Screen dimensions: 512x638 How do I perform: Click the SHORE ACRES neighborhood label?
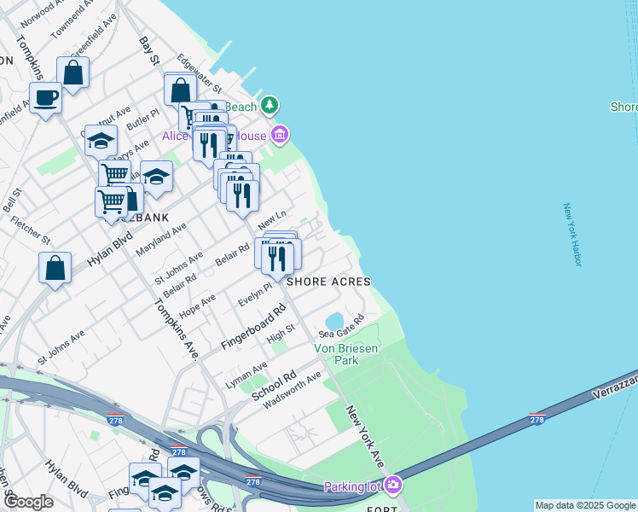[x=328, y=282]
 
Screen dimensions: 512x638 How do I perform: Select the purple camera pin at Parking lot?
[x=392, y=486]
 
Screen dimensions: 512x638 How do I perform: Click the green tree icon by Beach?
[x=270, y=105]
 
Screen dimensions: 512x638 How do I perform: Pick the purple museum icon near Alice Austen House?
[x=280, y=135]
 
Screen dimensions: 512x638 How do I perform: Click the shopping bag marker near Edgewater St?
[x=181, y=89]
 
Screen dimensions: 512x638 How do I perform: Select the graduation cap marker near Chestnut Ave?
[x=101, y=139]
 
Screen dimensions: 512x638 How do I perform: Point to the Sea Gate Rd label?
[x=341, y=326]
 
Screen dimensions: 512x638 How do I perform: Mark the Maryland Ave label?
[x=161, y=240]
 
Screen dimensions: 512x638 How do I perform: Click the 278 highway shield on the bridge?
[x=536, y=419]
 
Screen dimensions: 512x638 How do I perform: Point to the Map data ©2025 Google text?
[x=584, y=505]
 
